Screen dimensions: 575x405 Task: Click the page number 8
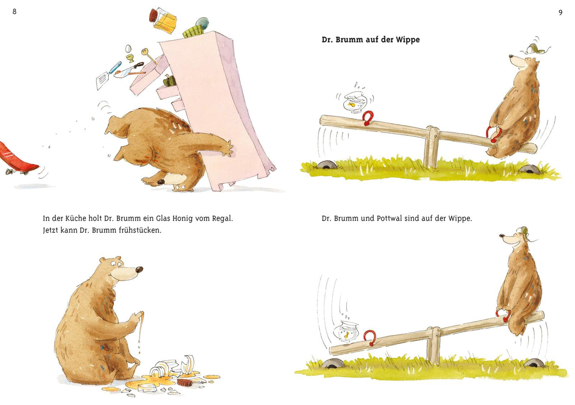pos(15,11)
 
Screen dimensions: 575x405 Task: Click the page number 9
pos(560,13)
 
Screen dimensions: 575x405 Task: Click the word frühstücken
pos(140,230)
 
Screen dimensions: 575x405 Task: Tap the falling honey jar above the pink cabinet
pos(163,21)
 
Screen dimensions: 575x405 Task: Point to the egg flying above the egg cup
pos(128,49)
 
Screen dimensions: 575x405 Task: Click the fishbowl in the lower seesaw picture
pos(346,332)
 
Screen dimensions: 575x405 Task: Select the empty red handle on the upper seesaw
pos(368,118)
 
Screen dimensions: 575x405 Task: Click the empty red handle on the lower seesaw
pos(370,338)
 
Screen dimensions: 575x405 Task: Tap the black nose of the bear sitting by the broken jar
pos(139,269)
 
